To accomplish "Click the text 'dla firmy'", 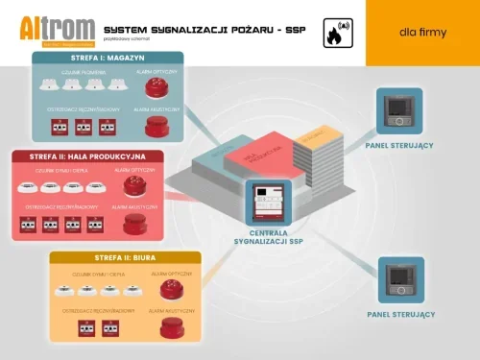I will pos(421,33).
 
